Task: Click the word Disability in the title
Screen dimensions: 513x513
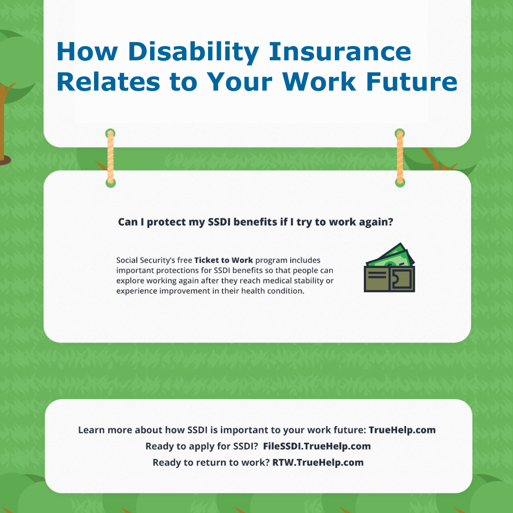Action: [193, 52]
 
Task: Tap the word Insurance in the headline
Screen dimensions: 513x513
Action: [340, 51]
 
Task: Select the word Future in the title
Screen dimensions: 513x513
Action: [411, 82]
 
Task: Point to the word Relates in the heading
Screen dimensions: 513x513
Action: [108, 82]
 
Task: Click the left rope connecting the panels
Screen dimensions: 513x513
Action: [111, 158]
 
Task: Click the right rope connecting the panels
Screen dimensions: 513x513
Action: [400, 158]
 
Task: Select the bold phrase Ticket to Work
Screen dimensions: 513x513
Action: [223, 260]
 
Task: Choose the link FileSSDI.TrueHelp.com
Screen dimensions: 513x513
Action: [317, 446]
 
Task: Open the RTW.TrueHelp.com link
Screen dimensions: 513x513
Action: [318, 463]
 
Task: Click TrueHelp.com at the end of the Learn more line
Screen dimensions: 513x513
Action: [402, 430]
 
